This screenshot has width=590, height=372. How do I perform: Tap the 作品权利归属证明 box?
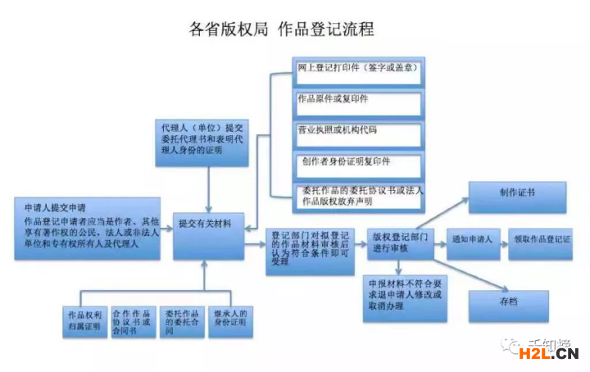click(x=84, y=322)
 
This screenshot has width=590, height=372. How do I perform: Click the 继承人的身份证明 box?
click(x=229, y=322)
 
